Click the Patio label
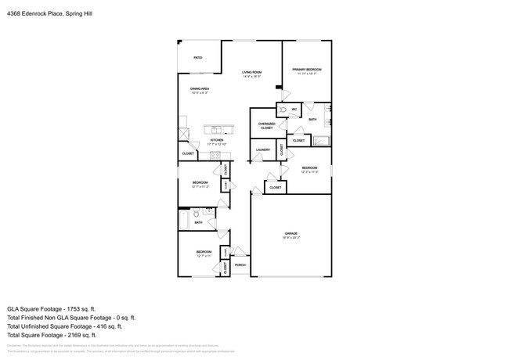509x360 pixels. pos(198,58)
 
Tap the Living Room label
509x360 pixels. pos(251,72)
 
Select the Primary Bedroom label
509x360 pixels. pos(307,70)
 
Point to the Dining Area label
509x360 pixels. pos(200,89)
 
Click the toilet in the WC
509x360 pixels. pos(283,110)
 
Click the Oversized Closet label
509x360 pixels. pos(266,125)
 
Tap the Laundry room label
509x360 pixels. pos(263,149)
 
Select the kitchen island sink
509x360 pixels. pos(214,129)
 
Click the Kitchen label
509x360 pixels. pos(216,141)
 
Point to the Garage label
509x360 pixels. pos(291,233)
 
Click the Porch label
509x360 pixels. pos(240,265)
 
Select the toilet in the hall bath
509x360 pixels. pos(197,213)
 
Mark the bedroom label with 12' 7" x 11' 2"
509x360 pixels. pos(200,185)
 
